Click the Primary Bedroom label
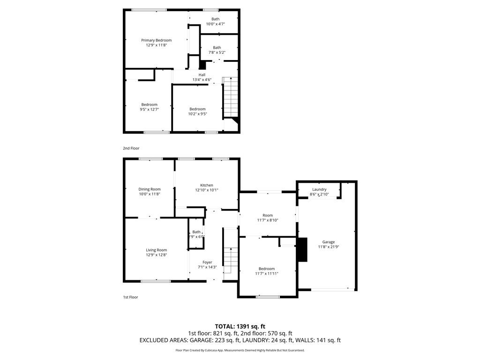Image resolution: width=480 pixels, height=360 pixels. [156, 40]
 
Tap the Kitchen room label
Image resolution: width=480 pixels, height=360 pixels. [207, 185]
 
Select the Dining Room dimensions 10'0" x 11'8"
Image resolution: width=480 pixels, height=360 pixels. [149, 194]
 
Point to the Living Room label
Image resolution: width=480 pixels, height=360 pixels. [156, 250]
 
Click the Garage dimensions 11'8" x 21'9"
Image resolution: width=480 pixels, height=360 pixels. [329, 247]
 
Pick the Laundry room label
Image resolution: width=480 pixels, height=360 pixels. [319, 189]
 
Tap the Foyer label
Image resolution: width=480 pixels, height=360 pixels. [207, 262]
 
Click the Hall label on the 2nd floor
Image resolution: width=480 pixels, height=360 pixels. [202, 75]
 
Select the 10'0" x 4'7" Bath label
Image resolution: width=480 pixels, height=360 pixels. [215, 19]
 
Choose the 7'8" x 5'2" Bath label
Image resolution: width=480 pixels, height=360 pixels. [217, 47]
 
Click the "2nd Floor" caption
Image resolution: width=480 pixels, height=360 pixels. [131, 148]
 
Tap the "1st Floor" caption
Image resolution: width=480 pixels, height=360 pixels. [130, 297]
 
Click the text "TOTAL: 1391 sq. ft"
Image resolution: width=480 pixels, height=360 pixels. [240, 326]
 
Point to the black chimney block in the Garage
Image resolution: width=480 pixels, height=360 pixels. [302, 249]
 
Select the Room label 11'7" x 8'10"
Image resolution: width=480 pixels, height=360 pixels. [267, 215]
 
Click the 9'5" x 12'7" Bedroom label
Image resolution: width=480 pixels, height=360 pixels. [150, 105]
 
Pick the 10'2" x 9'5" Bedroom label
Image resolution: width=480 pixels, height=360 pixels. [197, 109]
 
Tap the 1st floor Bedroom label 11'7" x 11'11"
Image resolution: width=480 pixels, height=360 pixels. [267, 269]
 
